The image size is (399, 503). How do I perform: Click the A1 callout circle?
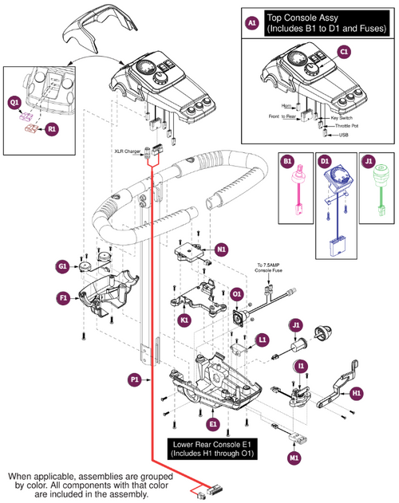[x=251, y=25]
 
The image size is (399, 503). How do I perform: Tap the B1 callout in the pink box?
[x=288, y=162]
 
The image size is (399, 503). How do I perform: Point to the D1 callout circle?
[x=324, y=162]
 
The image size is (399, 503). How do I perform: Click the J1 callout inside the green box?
[x=368, y=162]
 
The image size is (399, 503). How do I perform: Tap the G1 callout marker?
[x=61, y=265]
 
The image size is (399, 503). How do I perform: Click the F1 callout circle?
[x=61, y=299]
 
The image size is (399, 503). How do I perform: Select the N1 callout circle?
[x=221, y=250]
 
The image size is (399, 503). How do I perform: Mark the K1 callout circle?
[x=185, y=319]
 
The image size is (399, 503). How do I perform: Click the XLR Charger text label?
[x=128, y=148]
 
